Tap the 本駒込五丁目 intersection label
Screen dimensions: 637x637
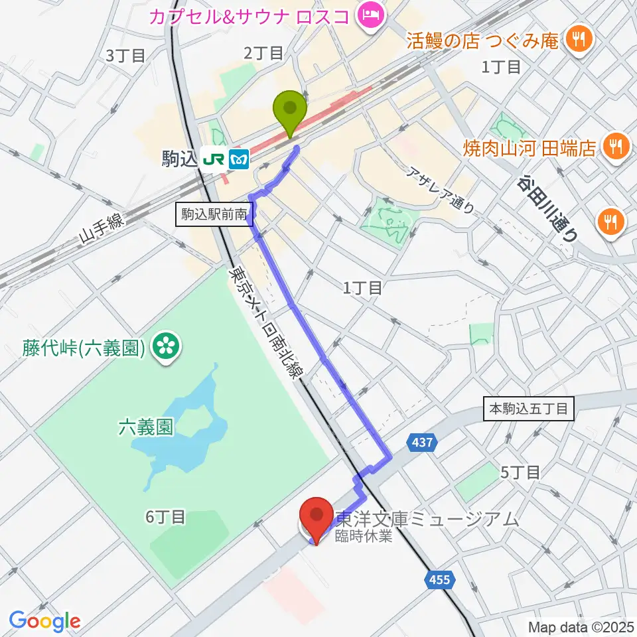tap(529, 409)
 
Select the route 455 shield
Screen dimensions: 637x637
tap(439, 580)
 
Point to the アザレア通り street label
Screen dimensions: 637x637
tap(441, 189)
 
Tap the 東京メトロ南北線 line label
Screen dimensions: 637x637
tap(262, 321)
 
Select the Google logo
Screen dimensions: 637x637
tap(44, 620)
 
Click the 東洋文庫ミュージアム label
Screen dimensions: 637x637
tap(427, 520)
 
